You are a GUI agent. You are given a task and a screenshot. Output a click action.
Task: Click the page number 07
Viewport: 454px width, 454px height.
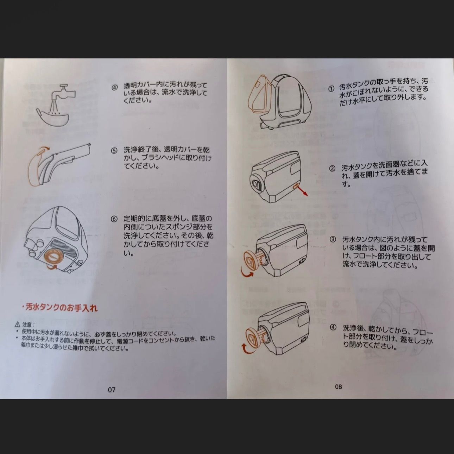click(112, 390)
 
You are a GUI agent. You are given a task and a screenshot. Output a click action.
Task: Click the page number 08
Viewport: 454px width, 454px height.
click(338, 386)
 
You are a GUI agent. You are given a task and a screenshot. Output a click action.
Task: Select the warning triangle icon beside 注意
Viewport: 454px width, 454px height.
click(17, 324)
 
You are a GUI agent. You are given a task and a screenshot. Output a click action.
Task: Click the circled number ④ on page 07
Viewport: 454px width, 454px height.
click(114, 88)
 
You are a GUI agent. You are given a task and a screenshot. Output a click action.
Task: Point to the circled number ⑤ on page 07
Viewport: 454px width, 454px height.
click(114, 151)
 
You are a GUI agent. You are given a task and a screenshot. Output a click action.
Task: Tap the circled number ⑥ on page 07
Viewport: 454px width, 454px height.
click(114, 219)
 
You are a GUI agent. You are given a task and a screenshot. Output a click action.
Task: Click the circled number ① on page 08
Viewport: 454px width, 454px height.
click(331, 89)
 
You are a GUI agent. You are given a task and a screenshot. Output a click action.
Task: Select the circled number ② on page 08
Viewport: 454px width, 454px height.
click(332, 168)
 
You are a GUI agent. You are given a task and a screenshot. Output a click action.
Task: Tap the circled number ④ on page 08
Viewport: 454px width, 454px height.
click(333, 327)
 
